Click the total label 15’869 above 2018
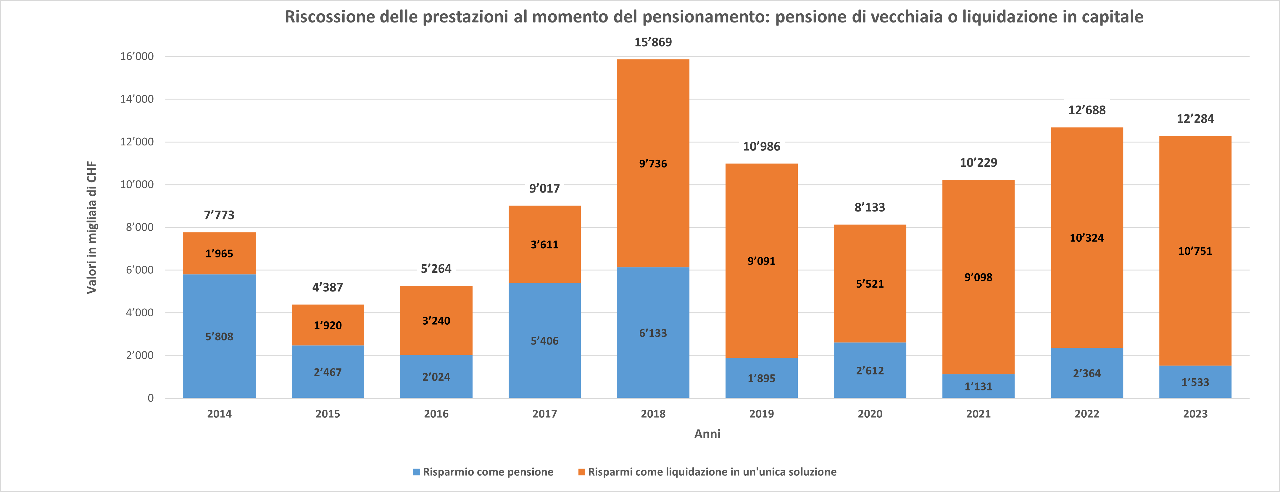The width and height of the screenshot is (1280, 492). pyautogui.click(x=653, y=42)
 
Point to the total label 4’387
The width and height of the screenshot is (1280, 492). pyautogui.click(x=328, y=287)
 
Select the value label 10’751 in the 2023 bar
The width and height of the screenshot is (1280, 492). pyautogui.click(x=1195, y=251)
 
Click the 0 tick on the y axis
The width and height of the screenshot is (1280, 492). pyautogui.click(x=151, y=398)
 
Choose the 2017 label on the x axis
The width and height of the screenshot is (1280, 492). pyautogui.click(x=545, y=414)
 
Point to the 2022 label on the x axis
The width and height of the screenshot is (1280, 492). pyautogui.click(x=1087, y=414)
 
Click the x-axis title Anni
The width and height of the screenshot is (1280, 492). pyautogui.click(x=707, y=434)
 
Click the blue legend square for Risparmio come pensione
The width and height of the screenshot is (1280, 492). pyautogui.click(x=416, y=472)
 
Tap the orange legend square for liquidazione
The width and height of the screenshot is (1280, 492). pyautogui.click(x=581, y=472)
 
